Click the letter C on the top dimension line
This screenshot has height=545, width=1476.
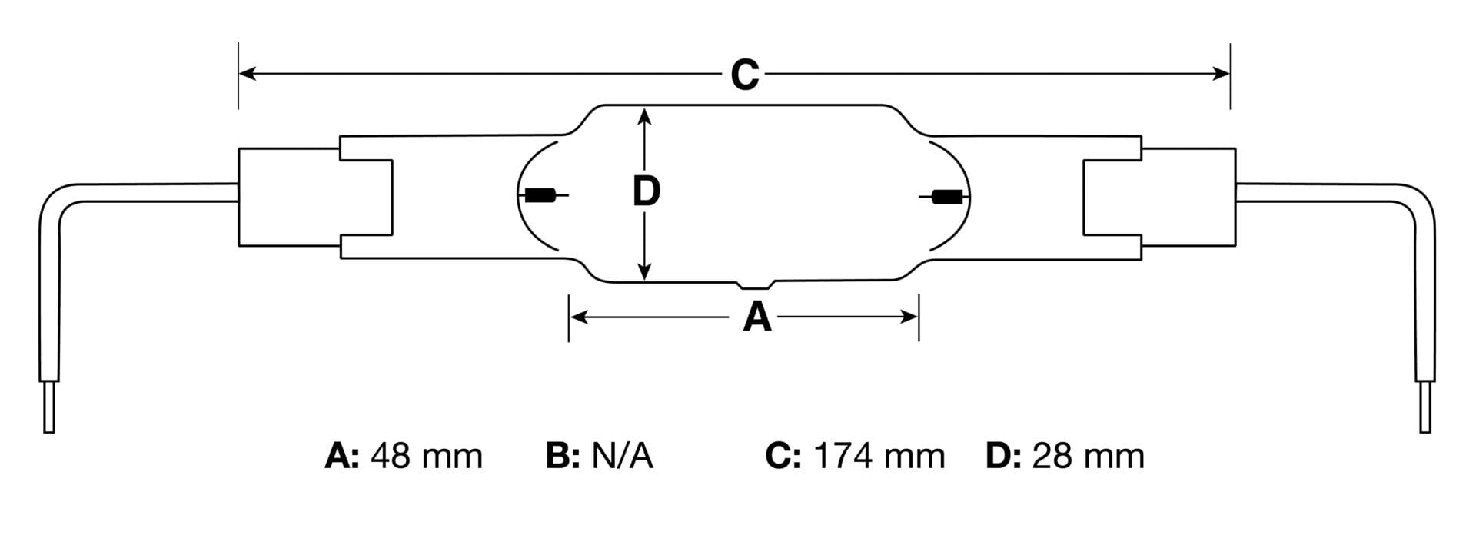[744, 75]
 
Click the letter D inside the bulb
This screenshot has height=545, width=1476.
[646, 191]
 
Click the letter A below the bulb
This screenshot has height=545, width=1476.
[756, 316]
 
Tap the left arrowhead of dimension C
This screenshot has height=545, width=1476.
[248, 73]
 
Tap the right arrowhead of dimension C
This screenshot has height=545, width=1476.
[1221, 73]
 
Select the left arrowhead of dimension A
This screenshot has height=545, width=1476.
[578, 316]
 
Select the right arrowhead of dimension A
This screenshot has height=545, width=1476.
[909, 316]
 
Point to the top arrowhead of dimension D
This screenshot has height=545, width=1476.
[645, 117]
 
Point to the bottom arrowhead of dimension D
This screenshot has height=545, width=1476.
[645, 271]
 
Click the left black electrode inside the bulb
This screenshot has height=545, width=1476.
[541, 196]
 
